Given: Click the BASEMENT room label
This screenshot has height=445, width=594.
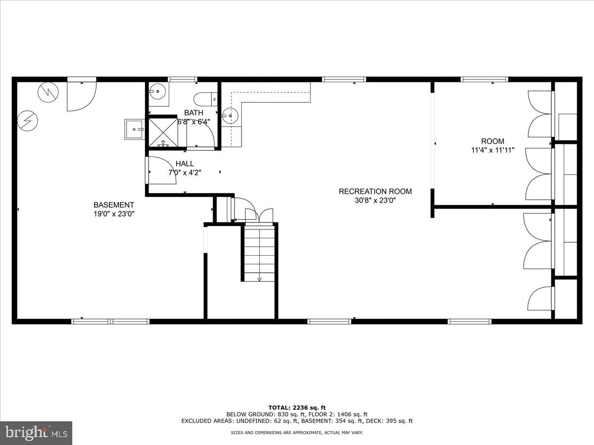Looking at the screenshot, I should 114,205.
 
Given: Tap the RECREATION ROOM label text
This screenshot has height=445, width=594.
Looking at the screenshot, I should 375,191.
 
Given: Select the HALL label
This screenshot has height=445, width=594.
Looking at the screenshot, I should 185,164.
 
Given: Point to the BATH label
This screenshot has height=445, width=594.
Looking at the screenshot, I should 194,113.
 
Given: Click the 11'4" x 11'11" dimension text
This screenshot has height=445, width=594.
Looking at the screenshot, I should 493,150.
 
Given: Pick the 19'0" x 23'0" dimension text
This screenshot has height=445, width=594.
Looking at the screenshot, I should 114,214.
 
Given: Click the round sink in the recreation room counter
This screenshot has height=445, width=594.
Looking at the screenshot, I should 230,116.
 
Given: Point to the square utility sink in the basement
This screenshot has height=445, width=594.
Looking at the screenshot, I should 134,130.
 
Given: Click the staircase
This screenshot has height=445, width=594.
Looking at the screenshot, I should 259,253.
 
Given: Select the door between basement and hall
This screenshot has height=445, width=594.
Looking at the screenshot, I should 161,171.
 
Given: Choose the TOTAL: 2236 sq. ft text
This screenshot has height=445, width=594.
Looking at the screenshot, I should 297,407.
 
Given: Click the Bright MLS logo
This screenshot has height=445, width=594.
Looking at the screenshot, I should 36,433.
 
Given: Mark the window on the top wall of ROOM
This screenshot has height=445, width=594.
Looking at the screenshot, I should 484,79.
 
